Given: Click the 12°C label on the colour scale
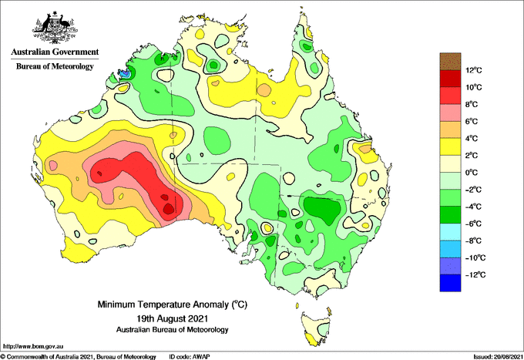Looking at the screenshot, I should tap(475, 70).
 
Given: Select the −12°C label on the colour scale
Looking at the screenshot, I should tap(475, 274).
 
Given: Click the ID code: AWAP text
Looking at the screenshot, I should tap(187, 355).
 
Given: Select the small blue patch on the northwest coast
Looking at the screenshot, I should tap(124, 75).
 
